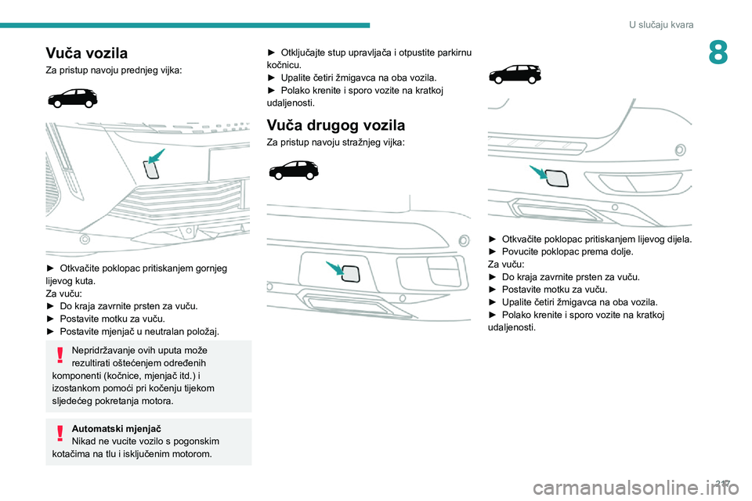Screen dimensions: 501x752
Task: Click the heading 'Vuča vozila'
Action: tap(86, 53)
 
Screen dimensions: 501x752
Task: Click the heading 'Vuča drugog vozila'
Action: tap(335, 124)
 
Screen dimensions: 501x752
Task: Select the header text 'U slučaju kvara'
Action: tap(660, 25)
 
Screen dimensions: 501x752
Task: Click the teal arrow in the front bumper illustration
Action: tap(157, 155)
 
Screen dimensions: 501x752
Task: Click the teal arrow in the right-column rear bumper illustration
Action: tap(538, 172)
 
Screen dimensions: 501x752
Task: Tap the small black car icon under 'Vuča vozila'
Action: tap(72, 98)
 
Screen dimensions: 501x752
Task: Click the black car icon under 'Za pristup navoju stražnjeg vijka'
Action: tap(293, 169)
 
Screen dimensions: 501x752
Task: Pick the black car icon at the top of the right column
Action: tap(514, 74)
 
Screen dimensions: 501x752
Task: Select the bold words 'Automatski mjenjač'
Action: tap(115, 428)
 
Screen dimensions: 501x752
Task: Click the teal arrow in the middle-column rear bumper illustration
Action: tap(334, 269)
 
